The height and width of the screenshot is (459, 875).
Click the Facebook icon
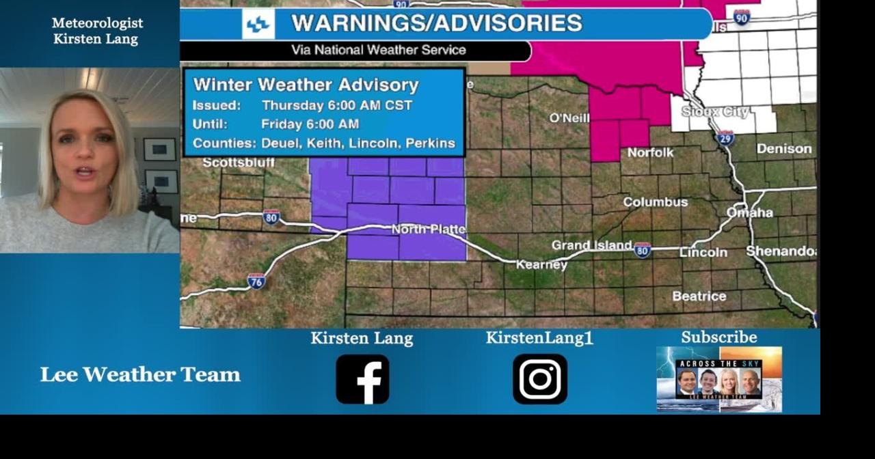362,379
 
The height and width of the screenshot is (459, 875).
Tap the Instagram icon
540,379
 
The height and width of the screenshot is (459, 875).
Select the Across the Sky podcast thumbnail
719,379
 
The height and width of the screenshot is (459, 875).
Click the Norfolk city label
650,152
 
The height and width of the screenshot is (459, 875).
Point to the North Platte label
429,229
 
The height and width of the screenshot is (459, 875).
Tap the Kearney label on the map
541,264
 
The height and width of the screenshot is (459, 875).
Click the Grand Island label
591,245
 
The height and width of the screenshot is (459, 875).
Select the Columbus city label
655,202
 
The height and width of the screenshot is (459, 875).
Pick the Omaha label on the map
749,213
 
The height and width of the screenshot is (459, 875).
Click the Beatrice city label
699,296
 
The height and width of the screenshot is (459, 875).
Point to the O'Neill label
569,118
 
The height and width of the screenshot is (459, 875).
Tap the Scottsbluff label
239,163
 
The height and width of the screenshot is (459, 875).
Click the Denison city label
784,149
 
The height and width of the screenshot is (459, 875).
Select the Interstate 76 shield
256,281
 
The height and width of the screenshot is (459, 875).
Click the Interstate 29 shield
725,138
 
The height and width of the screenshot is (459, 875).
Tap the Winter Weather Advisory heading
306,85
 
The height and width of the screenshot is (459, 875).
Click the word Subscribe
718,337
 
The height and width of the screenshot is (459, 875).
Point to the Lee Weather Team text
140,374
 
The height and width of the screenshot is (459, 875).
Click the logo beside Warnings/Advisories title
258,24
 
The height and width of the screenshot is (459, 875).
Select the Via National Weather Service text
379,50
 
